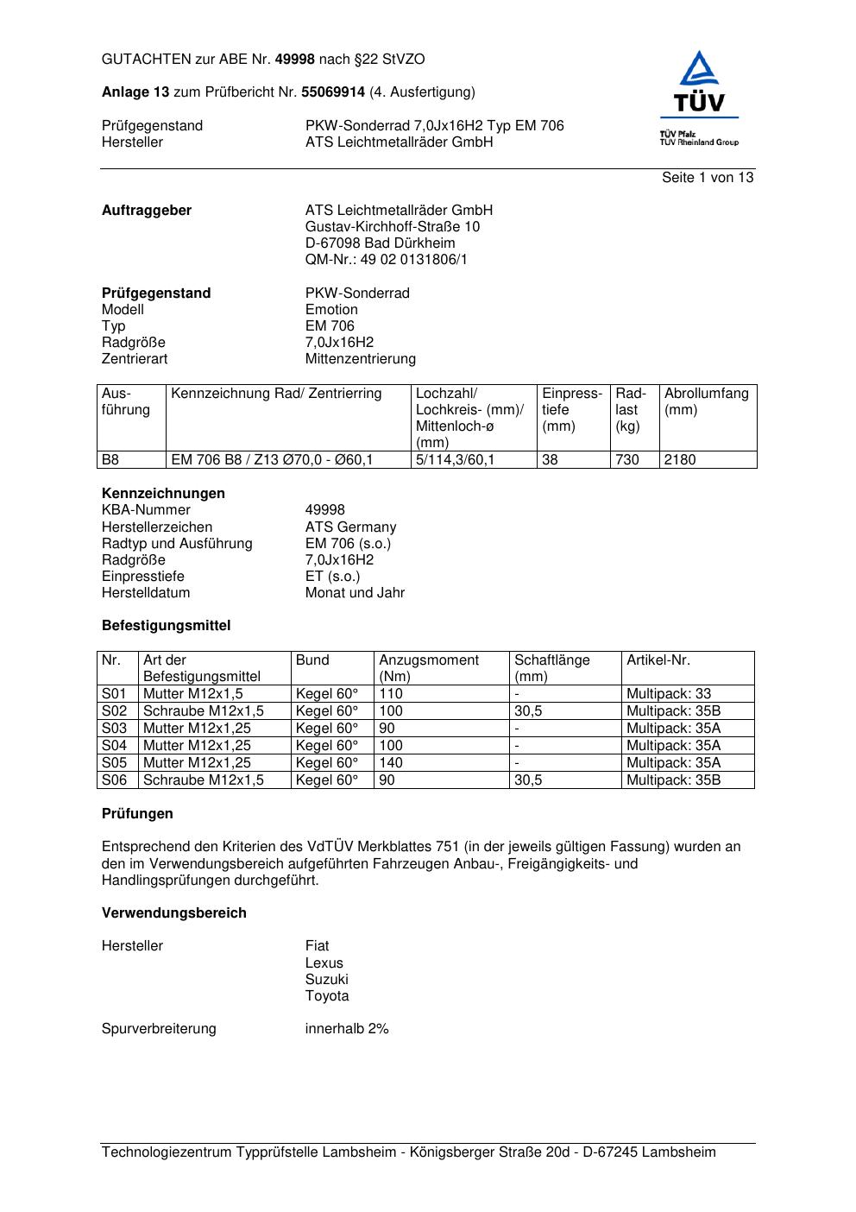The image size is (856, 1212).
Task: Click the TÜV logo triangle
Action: point(699,70)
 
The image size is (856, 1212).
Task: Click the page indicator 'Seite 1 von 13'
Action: point(707,178)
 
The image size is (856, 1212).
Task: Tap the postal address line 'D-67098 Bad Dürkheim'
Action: point(380,243)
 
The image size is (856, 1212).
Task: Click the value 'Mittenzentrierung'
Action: point(360,359)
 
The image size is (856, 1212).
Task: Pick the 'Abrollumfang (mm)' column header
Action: point(706,401)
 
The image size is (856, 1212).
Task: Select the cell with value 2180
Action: point(679,460)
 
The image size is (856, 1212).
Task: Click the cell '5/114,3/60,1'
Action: point(455,460)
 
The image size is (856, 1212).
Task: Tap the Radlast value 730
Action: point(626,460)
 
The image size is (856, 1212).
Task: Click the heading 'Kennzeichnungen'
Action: point(163,494)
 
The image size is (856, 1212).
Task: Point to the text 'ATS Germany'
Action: point(350,527)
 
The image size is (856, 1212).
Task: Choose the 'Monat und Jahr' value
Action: point(355,593)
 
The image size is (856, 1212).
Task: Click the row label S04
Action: point(114,746)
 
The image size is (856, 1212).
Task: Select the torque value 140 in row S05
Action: point(391,763)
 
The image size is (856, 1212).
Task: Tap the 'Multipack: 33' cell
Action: point(669,694)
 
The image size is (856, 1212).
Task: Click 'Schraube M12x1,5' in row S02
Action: point(203,711)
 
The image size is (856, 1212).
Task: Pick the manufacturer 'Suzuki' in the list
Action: point(326,980)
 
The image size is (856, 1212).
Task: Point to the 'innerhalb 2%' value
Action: point(347,1029)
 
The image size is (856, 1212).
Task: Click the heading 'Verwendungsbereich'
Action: point(173,913)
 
